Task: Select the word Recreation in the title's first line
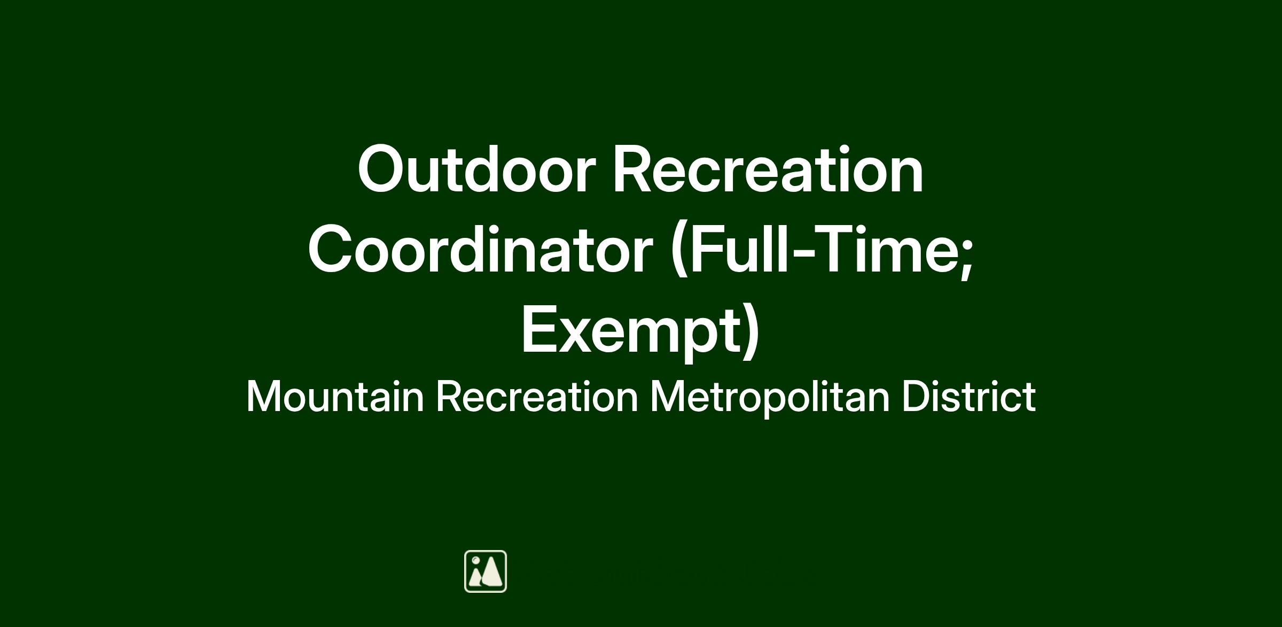click(768, 169)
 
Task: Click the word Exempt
click(631, 329)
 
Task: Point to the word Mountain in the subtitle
click(335, 397)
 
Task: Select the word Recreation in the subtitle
click(537, 397)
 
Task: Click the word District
click(969, 397)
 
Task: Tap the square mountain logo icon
click(486, 571)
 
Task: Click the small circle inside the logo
click(475, 561)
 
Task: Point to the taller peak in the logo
click(493, 571)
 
